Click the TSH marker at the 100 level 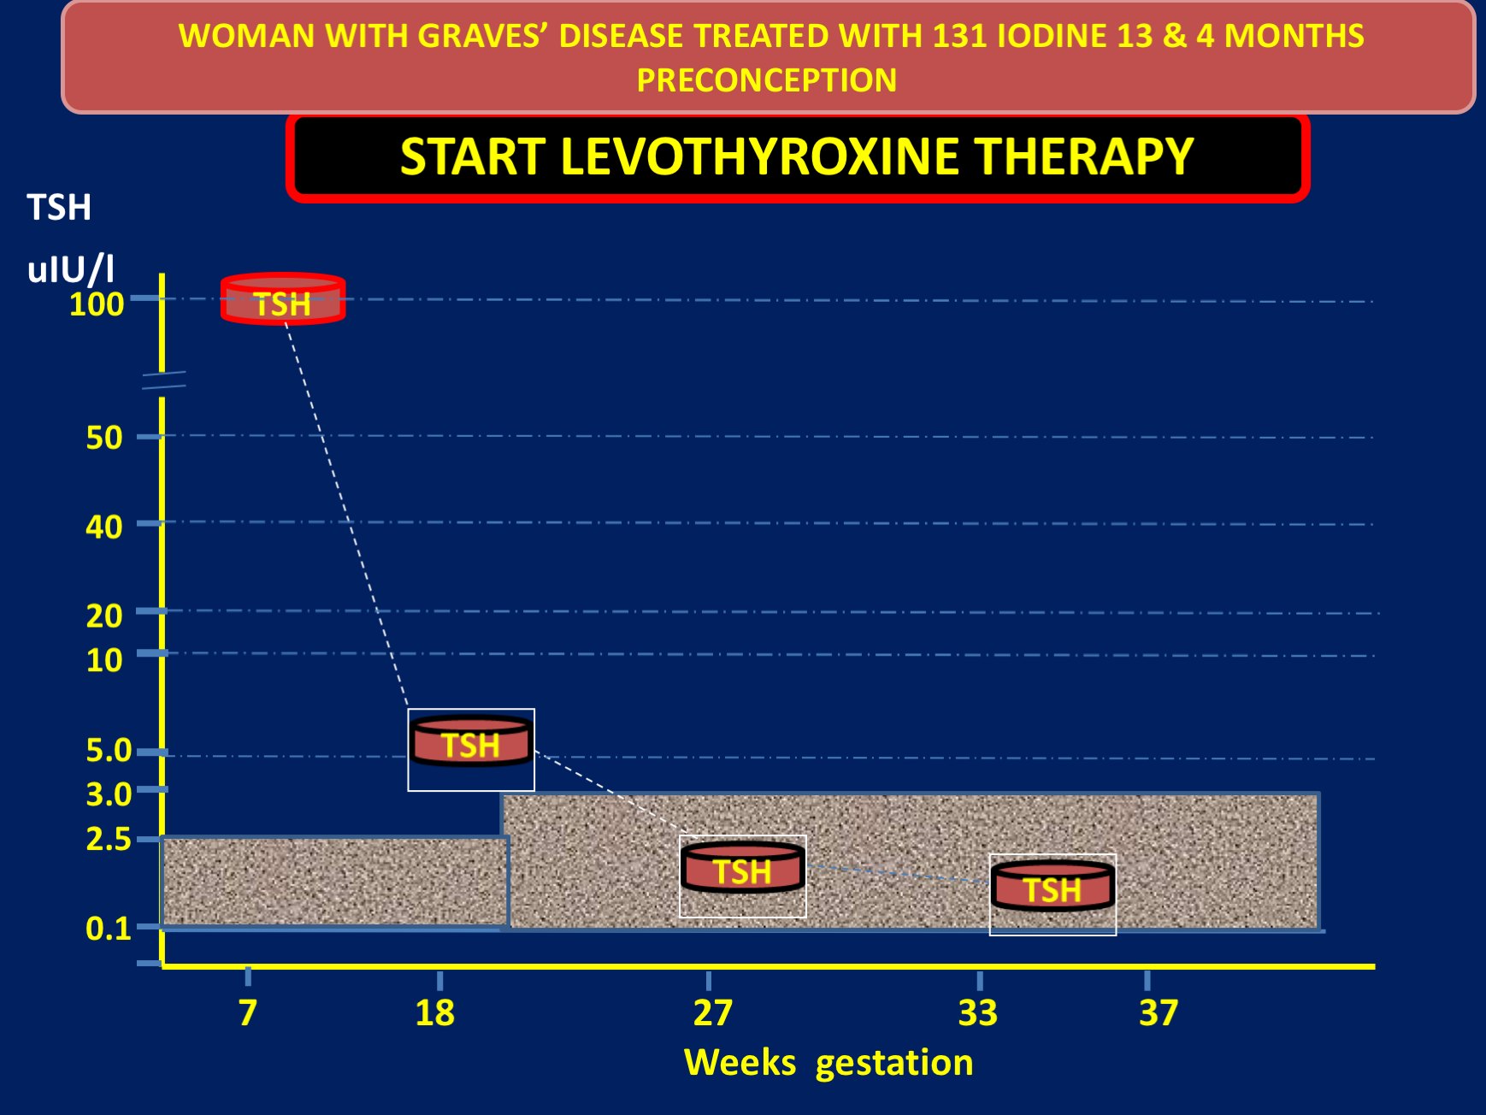click(x=283, y=299)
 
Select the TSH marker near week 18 click(x=471, y=741)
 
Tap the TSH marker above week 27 click(x=743, y=868)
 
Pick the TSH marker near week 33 click(x=1053, y=886)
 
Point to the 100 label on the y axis click(x=97, y=304)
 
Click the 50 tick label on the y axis click(x=104, y=438)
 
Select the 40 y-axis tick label click(x=104, y=527)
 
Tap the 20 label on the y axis click(x=104, y=616)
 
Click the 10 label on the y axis click(x=104, y=660)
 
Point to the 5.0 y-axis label click(x=109, y=750)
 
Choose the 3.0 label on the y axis click(x=109, y=794)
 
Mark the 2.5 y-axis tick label click(x=109, y=839)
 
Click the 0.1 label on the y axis click(x=109, y=928)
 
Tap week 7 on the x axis click(x=248, y=1013)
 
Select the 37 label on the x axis click(x=1159, y=1013)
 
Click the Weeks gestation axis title click(x=829, y=1063)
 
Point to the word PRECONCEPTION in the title click(x=767, y=80)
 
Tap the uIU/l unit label click(x=71, y=269)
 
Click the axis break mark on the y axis click(x=163, y=381)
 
